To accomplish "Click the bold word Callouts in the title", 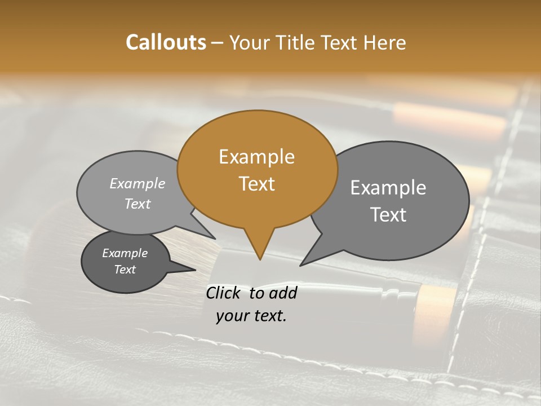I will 166,42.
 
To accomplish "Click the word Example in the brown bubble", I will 256,157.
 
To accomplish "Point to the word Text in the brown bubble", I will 256,184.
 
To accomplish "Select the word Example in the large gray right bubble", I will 388,188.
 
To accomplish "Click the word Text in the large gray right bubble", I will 388,215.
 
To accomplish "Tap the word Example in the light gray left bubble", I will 137,184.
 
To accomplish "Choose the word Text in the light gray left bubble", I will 137,204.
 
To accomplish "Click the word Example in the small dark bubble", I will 125,254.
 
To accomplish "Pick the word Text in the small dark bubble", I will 125,270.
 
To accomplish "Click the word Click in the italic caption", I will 225,293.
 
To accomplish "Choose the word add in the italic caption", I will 283,293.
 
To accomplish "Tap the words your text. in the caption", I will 251,316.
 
